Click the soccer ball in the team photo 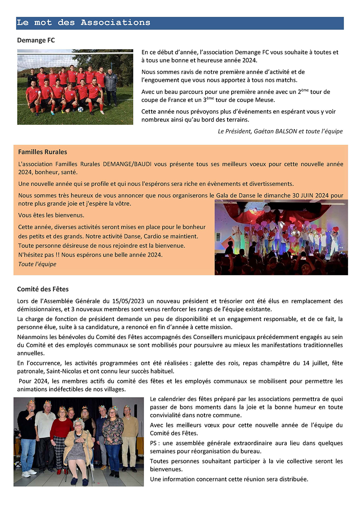pos(80,109)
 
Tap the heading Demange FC pos(36,40)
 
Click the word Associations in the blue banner pos(116,23)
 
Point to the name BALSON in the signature pos(287,131)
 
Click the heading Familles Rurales pos(43,152)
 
